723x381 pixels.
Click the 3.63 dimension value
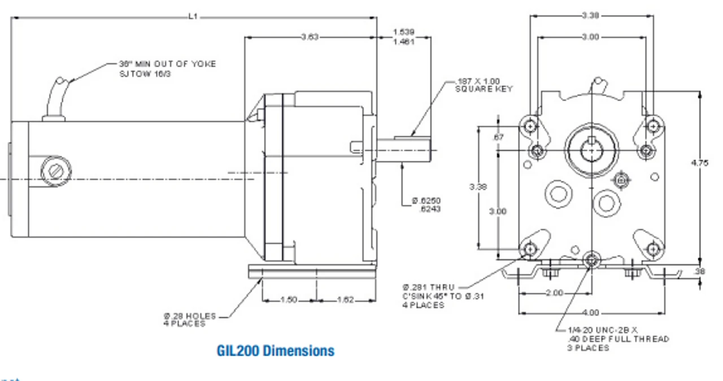pos(310,37)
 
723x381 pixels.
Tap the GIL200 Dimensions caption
pos(275,351)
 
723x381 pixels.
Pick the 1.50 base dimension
pos(289,300)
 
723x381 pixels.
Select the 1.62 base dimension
pos(345,300)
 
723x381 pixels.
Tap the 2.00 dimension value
pos(555,293)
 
